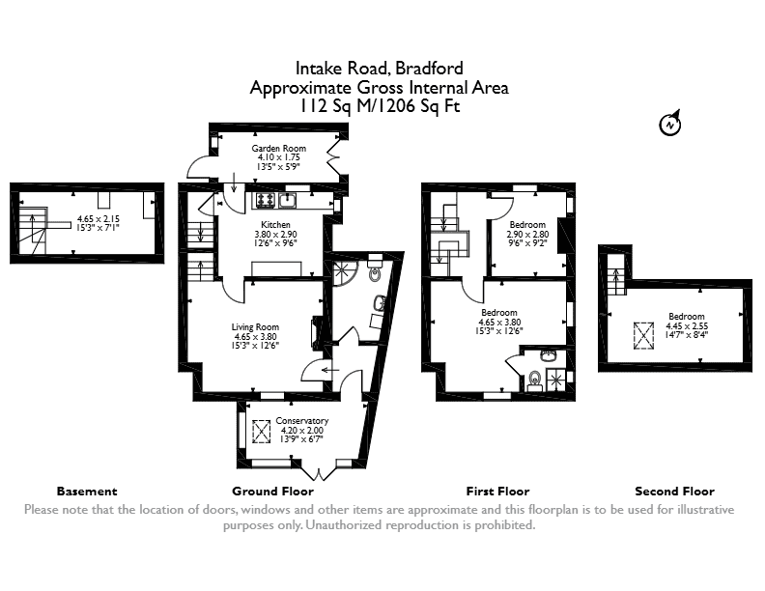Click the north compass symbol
pos(670,124)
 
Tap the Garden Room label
pos(278,149)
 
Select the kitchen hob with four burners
pos(266,200)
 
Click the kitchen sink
pos(288,200)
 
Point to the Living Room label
pos(255,327)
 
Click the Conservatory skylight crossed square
pos(261,432)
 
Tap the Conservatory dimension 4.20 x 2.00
pos(301,431)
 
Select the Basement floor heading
pos(87,491)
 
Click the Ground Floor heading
pos(272,491)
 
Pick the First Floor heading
pos(497,491)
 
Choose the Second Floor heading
pos(675,491)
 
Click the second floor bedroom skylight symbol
pos(643,335)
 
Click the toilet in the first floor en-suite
pos(535,380)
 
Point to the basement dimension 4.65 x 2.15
pos(99,219)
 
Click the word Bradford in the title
pos(429,69)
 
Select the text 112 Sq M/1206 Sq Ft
pos(380,106)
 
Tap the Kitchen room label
pos(275,225)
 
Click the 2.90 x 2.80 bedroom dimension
pos(527,234)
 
